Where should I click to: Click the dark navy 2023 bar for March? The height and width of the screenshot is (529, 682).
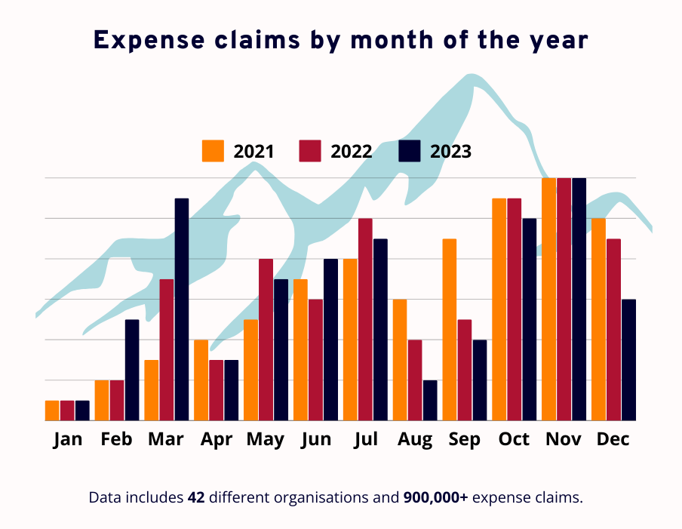pos(182,309)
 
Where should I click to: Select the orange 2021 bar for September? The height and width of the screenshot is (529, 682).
pos(450,329)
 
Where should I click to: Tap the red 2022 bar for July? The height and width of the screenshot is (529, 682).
pos(365,319)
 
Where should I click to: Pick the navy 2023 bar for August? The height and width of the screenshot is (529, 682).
pos(430,400)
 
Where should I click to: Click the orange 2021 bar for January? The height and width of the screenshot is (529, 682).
pos(52,411)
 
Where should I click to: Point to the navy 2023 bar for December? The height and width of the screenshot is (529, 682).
pos(629,360)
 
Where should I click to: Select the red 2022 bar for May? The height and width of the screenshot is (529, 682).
pos(266,340)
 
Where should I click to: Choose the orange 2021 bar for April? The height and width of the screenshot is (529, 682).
pos(201,380)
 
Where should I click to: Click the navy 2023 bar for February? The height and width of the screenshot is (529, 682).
pos(132,370)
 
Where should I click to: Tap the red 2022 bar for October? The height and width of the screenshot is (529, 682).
pos(515,309)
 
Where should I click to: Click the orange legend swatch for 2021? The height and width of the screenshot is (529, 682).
pos(214,151)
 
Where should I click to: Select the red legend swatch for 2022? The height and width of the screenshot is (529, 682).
pos(311,151)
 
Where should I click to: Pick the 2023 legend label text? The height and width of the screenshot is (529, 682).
pos(450,152)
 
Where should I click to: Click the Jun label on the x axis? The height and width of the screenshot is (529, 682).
pos(315,439)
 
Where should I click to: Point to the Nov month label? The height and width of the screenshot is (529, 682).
pos(564,439)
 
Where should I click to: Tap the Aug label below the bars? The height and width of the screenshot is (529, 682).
pos(415,439)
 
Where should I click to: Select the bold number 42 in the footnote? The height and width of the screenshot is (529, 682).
pos(196,497)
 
